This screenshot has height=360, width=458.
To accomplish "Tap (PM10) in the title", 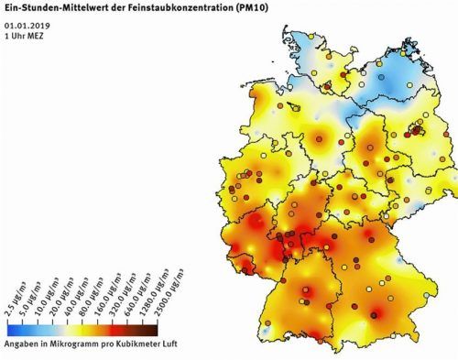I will point(246,7).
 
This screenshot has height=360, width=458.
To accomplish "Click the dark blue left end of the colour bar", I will point(9,325).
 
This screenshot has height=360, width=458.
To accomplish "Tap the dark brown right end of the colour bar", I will point(180,325).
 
